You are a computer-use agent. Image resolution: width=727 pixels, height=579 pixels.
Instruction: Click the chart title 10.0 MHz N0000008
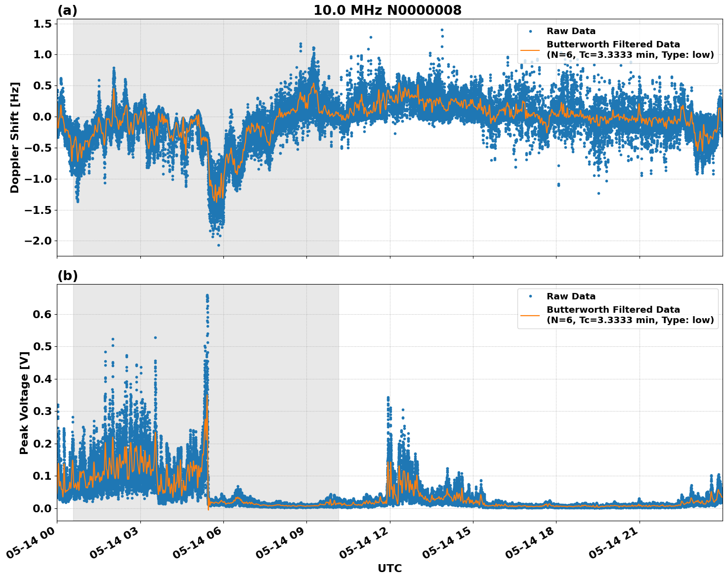coord(387,10)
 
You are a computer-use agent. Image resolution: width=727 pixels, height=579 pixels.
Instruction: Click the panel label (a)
coord(67,10)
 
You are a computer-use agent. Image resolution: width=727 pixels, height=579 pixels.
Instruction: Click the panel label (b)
coord(67,276)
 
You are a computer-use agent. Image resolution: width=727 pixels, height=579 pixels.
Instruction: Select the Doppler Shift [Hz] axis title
coord(15,137)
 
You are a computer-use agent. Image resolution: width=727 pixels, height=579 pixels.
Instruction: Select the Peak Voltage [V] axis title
coord(24,403)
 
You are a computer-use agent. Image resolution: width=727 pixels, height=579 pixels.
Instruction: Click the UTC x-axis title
coord(389,568)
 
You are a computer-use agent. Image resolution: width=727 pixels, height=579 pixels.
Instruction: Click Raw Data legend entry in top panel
coord(571,31)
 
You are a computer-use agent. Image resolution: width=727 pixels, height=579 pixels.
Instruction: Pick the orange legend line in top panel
coord(530,49)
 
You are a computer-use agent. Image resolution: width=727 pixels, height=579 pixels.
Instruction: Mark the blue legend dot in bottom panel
coord(530,296)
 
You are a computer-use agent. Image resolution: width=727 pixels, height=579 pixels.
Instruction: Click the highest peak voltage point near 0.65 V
coord(207,295)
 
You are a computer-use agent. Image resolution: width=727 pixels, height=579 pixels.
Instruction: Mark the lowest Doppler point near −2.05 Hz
coord(218,245)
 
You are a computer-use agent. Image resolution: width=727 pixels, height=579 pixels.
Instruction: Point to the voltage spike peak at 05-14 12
coord(388,397)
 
